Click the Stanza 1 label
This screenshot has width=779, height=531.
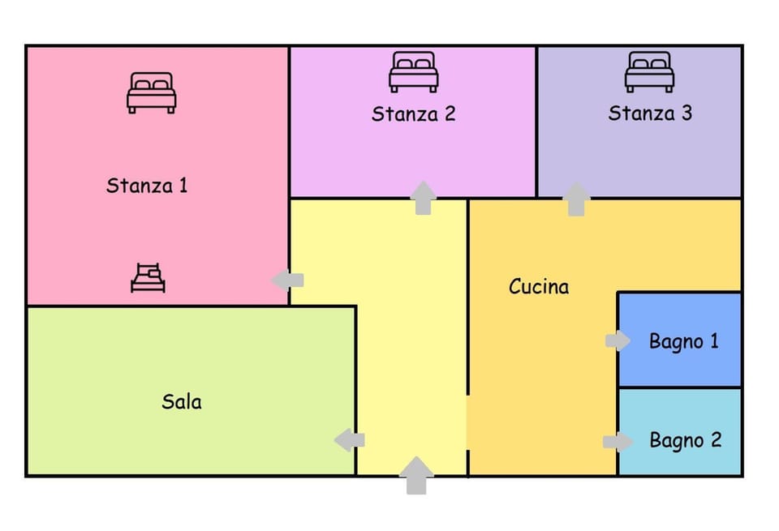[147, 186]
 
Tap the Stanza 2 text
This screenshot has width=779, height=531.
[413, 114]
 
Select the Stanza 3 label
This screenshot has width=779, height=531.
[650, 113]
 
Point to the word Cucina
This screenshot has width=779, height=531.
[539, 286]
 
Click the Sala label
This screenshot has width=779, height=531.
[182, 401]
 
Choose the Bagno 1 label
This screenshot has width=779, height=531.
[683, 341]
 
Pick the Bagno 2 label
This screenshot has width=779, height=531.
[685, 441]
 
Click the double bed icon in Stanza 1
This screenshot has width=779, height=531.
[151, 92]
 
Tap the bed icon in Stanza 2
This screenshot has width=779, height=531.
[413, 72]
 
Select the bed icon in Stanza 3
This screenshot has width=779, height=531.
[649, 72]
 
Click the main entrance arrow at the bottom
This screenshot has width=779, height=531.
[416, 475]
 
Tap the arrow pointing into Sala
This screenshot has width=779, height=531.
[350, 440]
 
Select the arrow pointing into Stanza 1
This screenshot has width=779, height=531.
[287, 280]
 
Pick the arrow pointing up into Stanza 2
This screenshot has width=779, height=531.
[422, 198]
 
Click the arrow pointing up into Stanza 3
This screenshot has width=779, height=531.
[576, 199]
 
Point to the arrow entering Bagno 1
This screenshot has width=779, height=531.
[618, 341]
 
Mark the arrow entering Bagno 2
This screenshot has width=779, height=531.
[618, 442]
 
